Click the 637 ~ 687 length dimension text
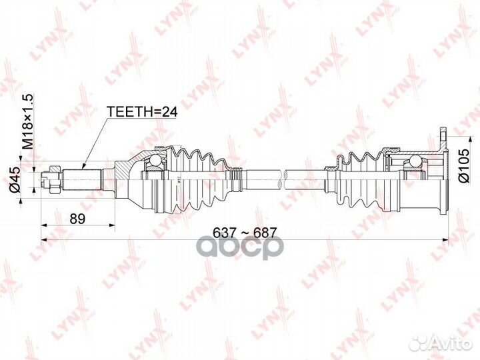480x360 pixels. click(x=244, y=231)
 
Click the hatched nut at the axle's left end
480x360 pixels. click(x=47, y=179)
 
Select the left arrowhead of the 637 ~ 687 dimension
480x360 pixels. click(x=44, y=239)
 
